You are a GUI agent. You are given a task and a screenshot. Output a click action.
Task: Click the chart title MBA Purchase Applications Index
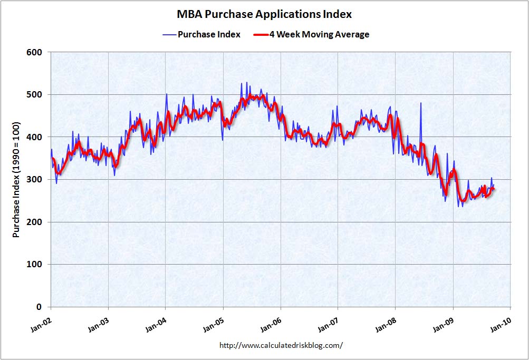click(264, 14)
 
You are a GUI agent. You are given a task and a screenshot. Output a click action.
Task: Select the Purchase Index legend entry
click(209, 35)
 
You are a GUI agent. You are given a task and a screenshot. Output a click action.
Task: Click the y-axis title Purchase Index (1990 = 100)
click(16, 180)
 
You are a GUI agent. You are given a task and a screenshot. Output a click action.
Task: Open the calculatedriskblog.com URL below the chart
click(281, 346)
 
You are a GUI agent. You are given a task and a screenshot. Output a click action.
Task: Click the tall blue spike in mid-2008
click(421, 104)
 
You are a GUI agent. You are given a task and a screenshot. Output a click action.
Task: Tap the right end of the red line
click(494, 188)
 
